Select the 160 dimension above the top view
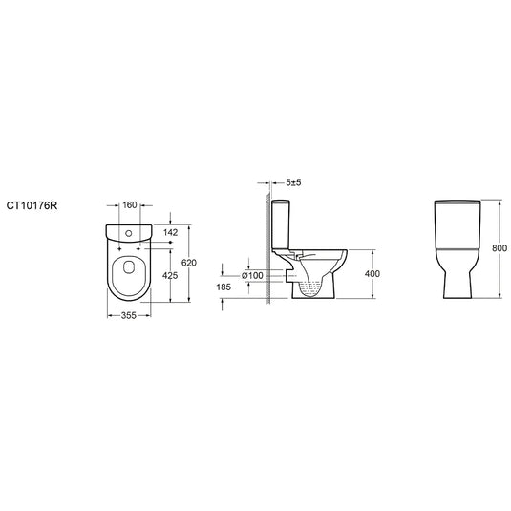point(131,203)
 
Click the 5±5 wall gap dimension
point(292,181)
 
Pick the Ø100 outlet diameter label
point(252,275)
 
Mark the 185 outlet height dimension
point(224,287)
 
